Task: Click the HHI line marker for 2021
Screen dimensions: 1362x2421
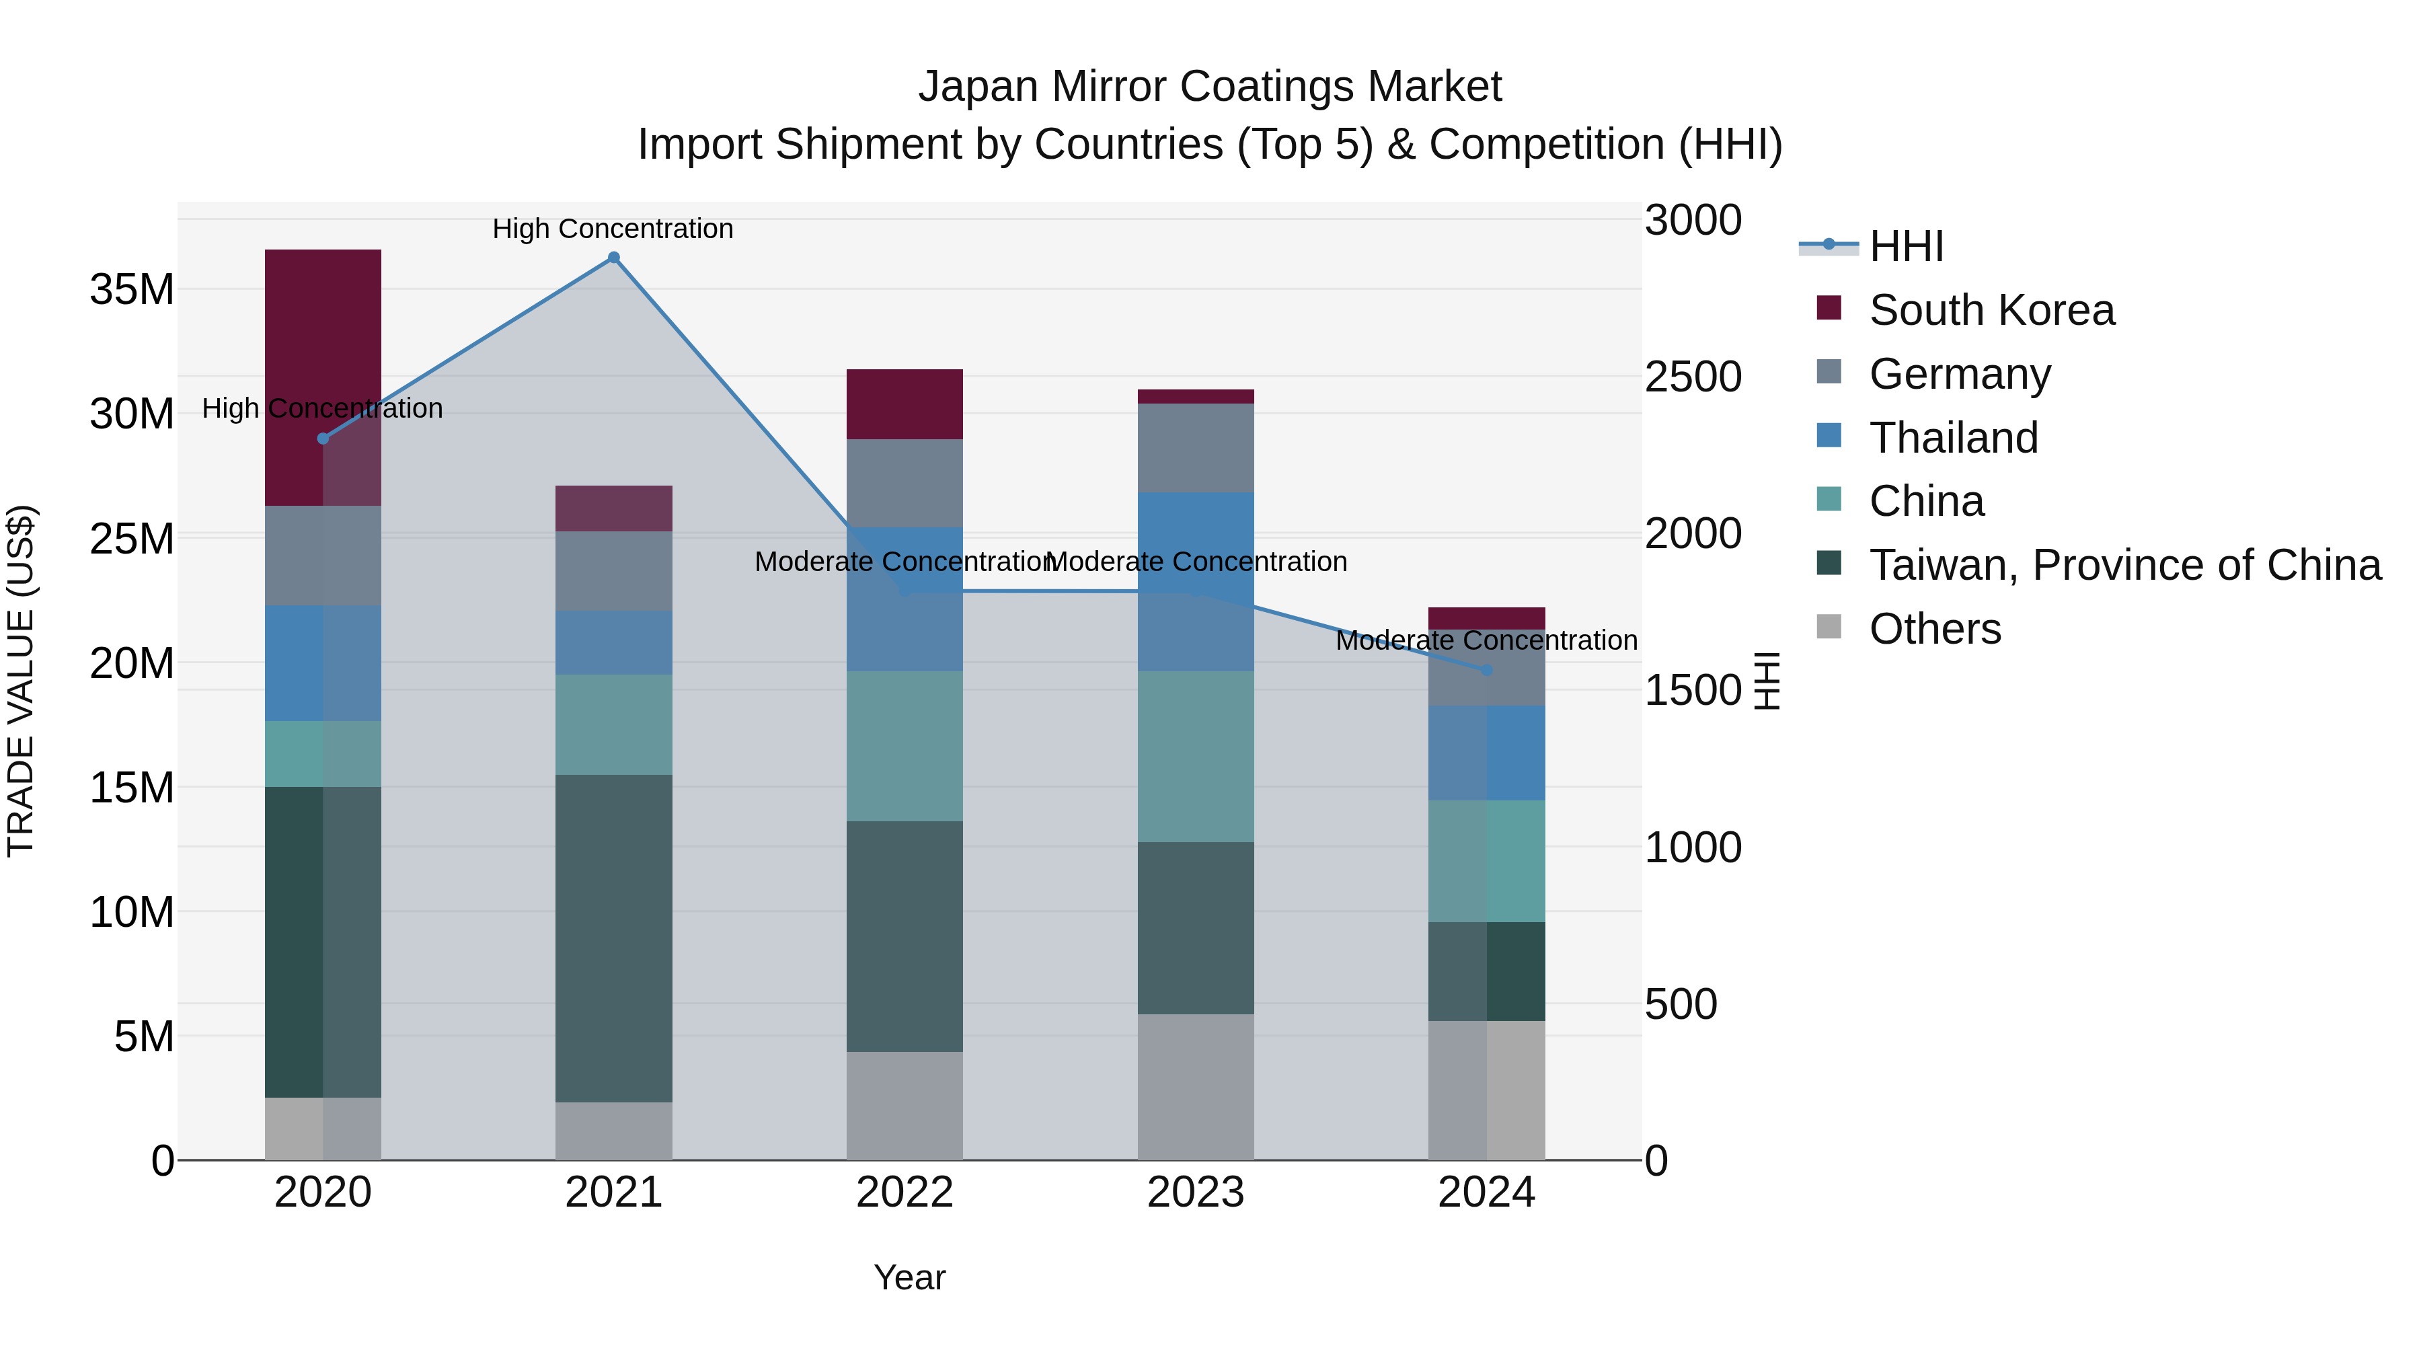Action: [x=614, y=258]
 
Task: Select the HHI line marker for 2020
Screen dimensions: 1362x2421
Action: [x=322, y=439]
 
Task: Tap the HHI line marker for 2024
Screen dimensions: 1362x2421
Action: [x=1487, y=670]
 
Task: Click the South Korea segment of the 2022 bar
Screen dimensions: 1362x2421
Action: [x=904, y=404]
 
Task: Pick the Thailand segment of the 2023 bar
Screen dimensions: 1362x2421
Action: [x=1196, y=581]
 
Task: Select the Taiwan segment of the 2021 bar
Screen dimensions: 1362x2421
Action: [x=614, y=938]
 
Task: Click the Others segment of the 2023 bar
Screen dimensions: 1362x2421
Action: [x=1196, y=1087]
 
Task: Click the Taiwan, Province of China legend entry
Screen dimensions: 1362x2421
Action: [x=2124, y=565]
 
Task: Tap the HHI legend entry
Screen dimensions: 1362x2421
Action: [x=1905, y=246]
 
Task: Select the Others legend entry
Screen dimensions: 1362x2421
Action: [x=1934, y=629]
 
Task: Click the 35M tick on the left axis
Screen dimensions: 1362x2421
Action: [x=132, y=289]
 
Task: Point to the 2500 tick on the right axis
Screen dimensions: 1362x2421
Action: [x=1693, y=377]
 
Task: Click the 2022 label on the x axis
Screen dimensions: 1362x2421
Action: [x=904, y=1193]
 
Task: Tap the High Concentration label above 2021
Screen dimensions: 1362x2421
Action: [x=613, y=229]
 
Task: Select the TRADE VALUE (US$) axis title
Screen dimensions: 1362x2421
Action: [x=21, y=681]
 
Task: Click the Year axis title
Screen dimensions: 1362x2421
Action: [x=909, y=1277]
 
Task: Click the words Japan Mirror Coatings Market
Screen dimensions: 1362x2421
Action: [x=1210, y=87]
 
